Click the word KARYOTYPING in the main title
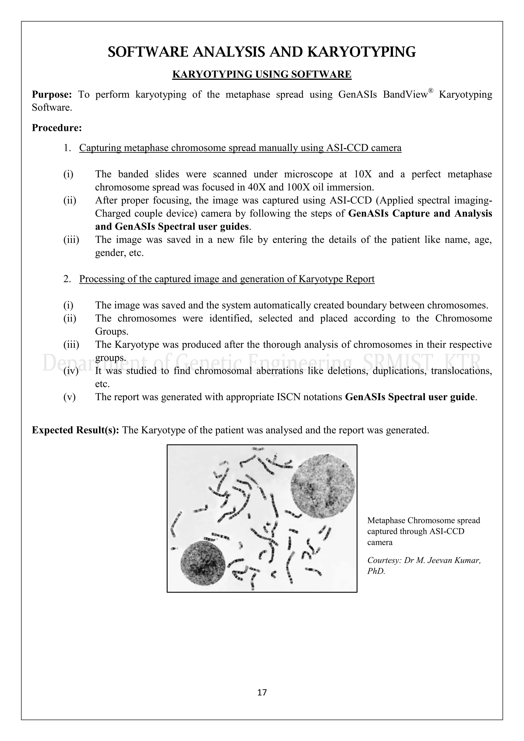click(361, 52)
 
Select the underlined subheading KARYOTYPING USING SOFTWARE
click(262, 74)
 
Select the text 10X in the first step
click(363, 174)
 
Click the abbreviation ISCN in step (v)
click(288, 397)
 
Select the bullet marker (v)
click(69, 397)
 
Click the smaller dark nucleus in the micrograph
click(203, 563)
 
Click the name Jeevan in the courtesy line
click(439, 560)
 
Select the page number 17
click(262, 693)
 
